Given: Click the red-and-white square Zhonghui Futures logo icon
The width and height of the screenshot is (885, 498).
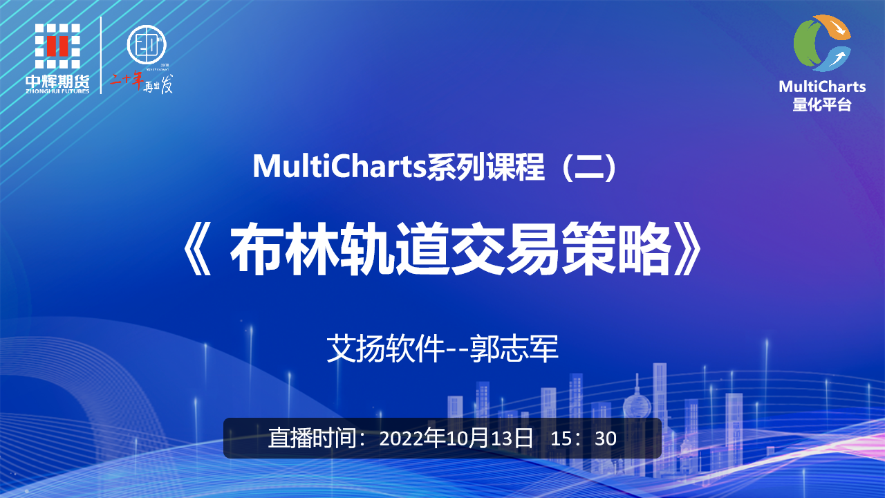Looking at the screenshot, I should (x=57, y=46).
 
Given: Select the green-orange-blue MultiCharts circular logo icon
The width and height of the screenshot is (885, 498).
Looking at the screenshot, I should (x=822, y=43).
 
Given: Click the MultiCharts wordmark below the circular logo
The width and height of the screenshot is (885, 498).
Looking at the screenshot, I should (x=822, y=86).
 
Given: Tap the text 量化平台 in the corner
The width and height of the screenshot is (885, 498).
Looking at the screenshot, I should (x=822, y=104).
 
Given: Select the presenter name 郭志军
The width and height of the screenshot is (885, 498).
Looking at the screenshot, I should (x=514, y=349).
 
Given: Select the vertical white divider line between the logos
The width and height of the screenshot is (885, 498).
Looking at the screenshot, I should (x=102, y=55).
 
